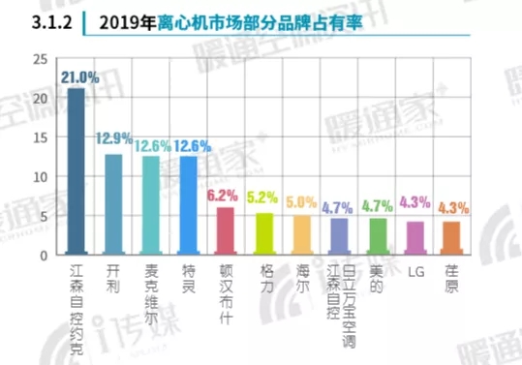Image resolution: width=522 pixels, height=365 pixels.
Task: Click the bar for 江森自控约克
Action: [76, 171]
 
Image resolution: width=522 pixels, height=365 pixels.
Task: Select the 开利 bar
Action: [113, 204]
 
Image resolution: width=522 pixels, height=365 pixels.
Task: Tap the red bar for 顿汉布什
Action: [225, 231]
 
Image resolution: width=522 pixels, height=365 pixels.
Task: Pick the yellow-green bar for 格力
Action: [263, 234]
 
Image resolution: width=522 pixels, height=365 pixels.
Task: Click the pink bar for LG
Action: [415, 238]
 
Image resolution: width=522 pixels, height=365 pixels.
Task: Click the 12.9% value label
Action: [113, 140]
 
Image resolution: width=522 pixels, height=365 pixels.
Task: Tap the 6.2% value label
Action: [225, 195]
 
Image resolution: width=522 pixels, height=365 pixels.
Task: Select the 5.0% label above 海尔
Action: [301, 202]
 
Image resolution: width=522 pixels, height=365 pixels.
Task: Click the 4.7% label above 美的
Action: [377, 205]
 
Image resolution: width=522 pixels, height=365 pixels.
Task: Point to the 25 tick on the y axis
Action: [40, 59]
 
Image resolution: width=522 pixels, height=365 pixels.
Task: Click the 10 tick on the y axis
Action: [40, 177]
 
